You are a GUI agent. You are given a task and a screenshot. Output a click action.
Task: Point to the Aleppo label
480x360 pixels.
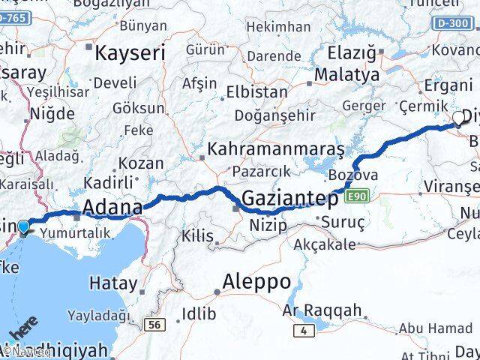pyautogui.click(x=252, y=282)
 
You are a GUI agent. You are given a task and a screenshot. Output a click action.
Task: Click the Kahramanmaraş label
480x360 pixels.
pyautogui.click(x=276, y=149)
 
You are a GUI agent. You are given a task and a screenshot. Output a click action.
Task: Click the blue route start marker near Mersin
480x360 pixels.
pyautogui.click(x=24, y=226)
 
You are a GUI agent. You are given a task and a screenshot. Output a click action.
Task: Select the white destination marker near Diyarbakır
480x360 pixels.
pyautogui.click(x=459, y=118)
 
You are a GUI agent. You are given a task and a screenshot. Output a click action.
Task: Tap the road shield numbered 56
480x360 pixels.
pyautogui.click(x=156, y=324)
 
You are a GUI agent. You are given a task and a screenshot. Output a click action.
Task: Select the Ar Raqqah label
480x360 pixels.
pyautogui.click(x=322, y=310)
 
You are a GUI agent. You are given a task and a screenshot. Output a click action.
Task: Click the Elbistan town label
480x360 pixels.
pyautogui.click(x=260, y=91)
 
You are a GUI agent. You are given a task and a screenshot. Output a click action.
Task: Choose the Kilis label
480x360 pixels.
pyautogui.click(x=198, y=236)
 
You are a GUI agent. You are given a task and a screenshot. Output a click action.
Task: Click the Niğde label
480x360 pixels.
pyautogui.click(x=52, y=114)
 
